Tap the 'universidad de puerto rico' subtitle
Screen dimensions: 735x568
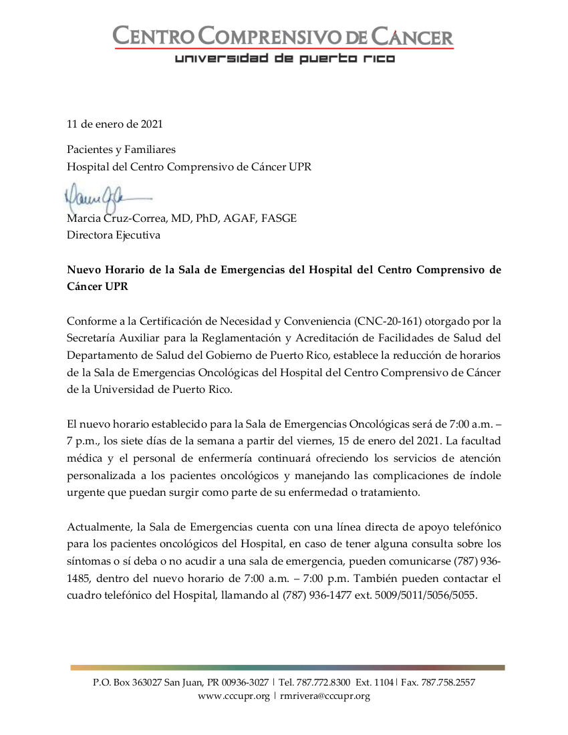point(285,59)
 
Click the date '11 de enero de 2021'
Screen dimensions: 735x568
point(114,124)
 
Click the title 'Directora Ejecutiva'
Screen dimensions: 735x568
point(113,235)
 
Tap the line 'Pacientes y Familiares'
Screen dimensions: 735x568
point(121,150)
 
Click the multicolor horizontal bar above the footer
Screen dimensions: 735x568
point(287,667)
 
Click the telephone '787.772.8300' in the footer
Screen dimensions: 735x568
point(323,683)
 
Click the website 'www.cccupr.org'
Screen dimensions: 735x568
point(233,696)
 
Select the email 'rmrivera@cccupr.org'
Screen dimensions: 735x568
point(325,696)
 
